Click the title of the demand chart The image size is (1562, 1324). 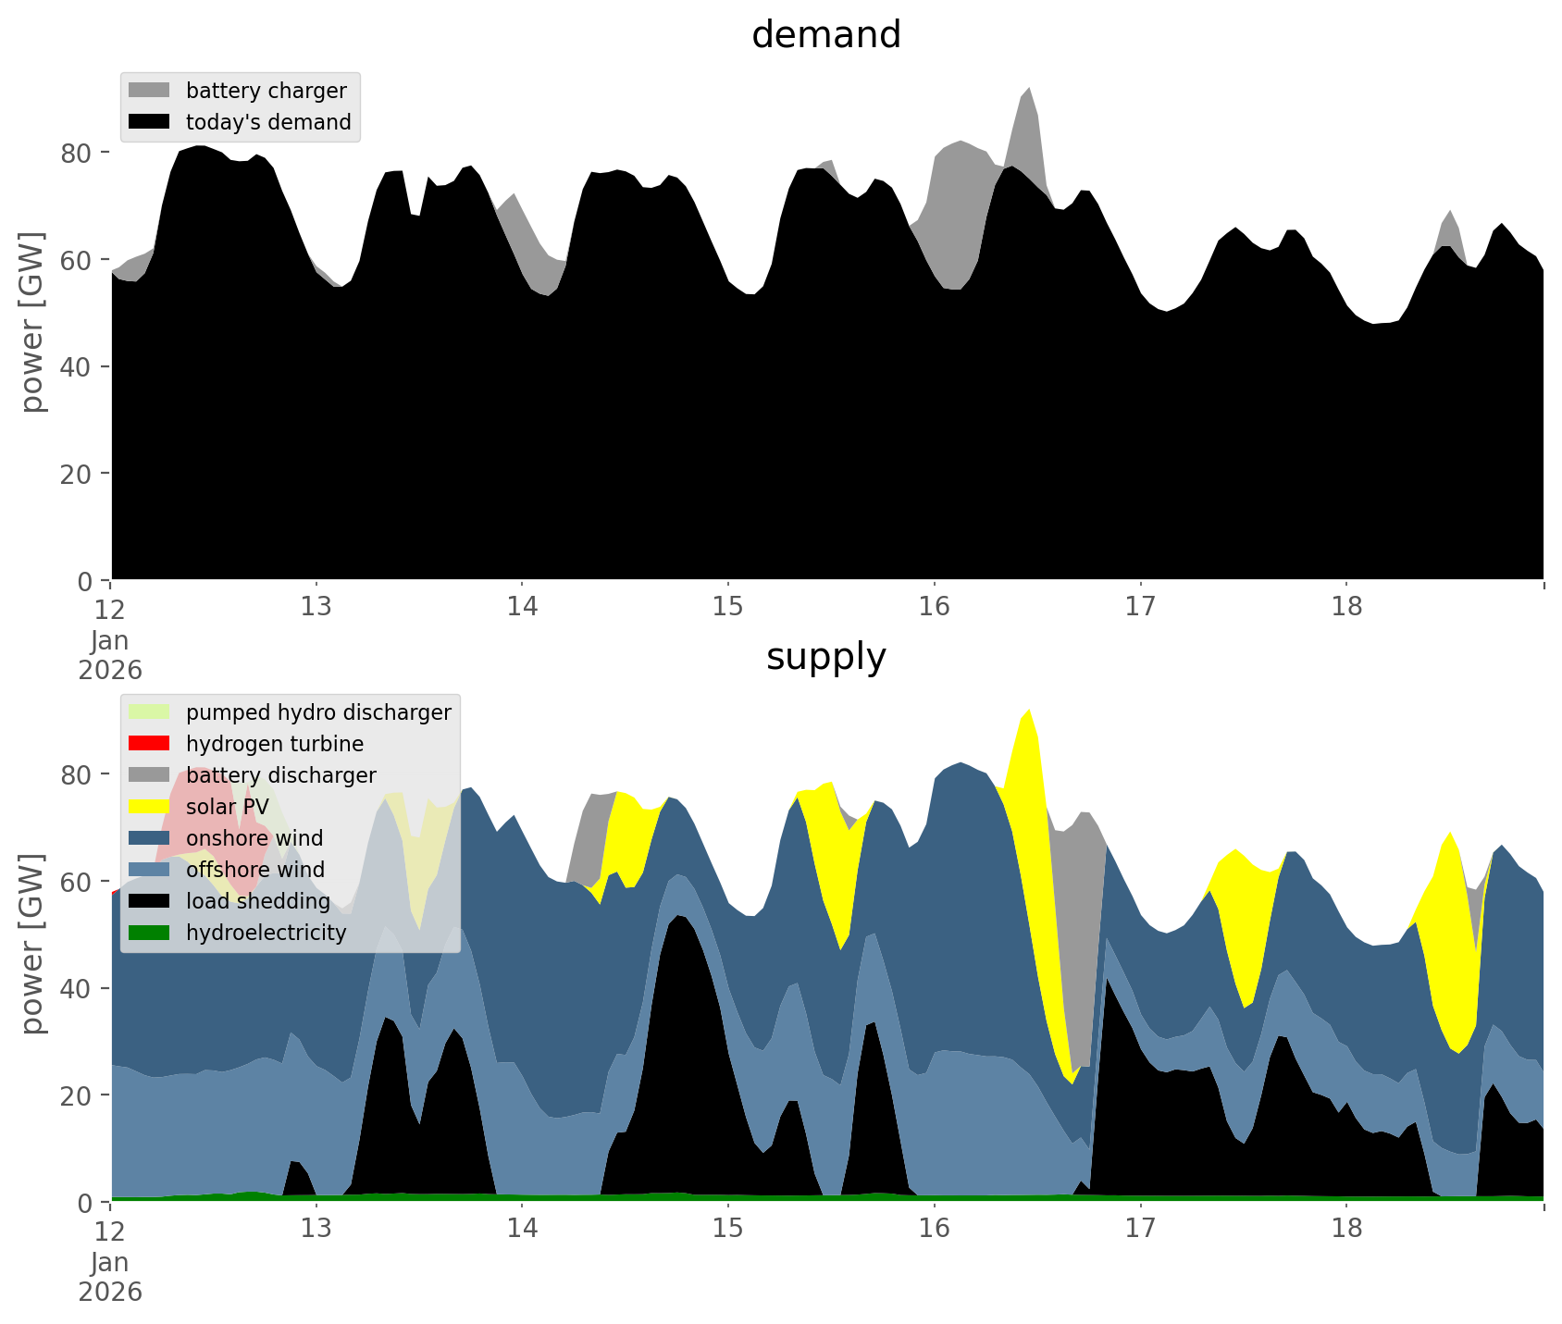pyautogui.click(x=825, y=35)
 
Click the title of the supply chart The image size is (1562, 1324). pyautogui.click(x=825, y=657)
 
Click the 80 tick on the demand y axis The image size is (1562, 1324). pyautogui.click(x=78, y=153)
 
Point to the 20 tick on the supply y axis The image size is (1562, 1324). pyautogui.click(x=78, y=1095)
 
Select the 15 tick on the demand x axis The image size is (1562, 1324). pyautogui.click(x=728, y=606)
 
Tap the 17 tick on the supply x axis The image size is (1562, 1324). pyautogui.click(x=1140, y=1228)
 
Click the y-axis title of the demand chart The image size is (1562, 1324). pyautogui.click(x=32, y=322)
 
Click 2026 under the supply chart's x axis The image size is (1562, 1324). pyautogui.click(x=110, y=1292)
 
